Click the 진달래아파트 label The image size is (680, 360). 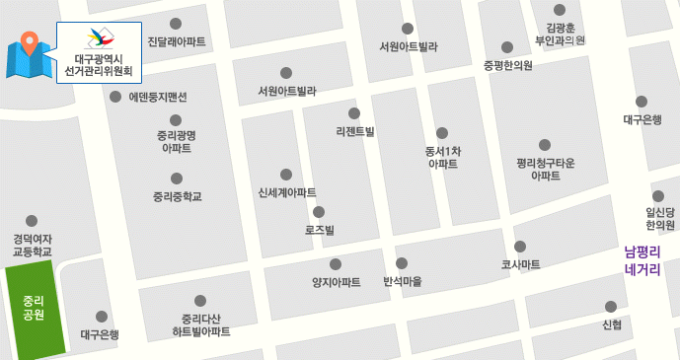[176, 42]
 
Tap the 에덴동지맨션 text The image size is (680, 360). [157, 97]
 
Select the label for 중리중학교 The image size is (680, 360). [177, 196]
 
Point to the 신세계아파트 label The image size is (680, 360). [286, 192]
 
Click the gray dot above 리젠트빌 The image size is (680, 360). [354, 112]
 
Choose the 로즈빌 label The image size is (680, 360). [319, 230]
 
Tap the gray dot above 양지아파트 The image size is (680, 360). [336, 263]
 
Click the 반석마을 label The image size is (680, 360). [402, 281]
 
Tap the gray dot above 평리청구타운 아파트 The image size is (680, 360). [545, 145]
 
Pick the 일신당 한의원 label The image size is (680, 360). [660, 218]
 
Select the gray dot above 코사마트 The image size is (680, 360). [520, 247]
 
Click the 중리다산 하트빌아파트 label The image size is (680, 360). [200, 324]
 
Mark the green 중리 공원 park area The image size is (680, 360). [35, 307]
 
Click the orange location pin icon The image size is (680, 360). [30, 45]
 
